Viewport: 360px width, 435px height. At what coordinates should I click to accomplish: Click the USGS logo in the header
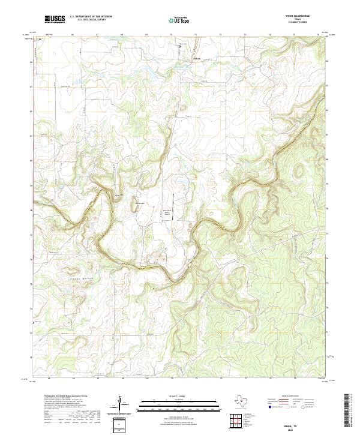[x=55, y=19]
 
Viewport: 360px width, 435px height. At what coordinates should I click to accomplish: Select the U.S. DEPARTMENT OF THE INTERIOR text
[x=91, y=16]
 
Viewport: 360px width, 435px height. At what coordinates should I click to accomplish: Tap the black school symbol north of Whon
[x=185, y=47]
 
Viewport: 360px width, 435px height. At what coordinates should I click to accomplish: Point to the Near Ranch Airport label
[x=168, y=212]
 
